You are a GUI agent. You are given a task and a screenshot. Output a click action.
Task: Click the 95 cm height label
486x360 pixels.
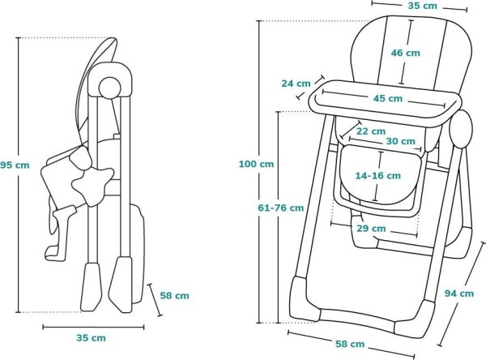15,165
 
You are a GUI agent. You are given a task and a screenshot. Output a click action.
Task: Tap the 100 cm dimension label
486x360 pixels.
256,165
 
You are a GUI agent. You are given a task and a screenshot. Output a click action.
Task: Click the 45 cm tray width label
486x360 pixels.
388,98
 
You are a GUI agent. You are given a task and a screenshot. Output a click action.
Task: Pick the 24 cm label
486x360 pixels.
296,83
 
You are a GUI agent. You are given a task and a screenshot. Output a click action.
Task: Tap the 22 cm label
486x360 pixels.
370,131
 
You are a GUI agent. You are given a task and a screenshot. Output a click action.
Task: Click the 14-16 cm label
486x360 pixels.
377,175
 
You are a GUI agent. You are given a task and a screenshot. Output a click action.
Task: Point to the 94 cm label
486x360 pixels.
459,294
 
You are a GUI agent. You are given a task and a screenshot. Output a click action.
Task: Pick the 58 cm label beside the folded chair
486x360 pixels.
176,296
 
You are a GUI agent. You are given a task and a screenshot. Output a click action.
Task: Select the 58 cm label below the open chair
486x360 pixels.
352,345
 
